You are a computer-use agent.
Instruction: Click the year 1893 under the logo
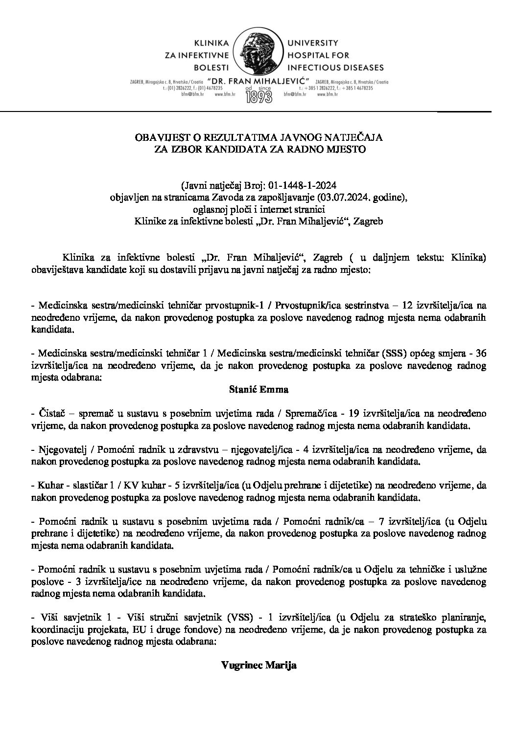click(x=259, y=96)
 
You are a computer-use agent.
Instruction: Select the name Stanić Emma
click(x=259, y=390)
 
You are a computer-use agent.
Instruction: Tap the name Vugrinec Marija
click(x=259, y=665)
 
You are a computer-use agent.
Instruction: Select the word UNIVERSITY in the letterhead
click(x=309, y=44)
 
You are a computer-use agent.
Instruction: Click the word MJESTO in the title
click(x=348, y=150)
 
